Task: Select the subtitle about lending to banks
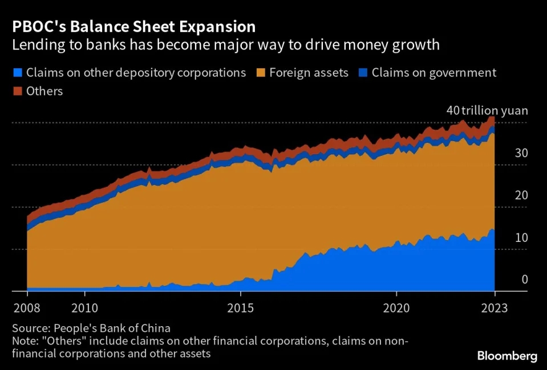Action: click(x=225, y=45)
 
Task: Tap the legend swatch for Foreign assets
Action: click(x=262, y=73)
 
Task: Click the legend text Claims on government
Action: click(x=433, y=73)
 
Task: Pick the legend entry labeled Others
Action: click(x=44, y=91)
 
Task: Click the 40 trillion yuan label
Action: click(x=487, y=110)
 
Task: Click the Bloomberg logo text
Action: click(x=507, y=356)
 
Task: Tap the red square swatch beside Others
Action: click(x=16, y=91)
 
